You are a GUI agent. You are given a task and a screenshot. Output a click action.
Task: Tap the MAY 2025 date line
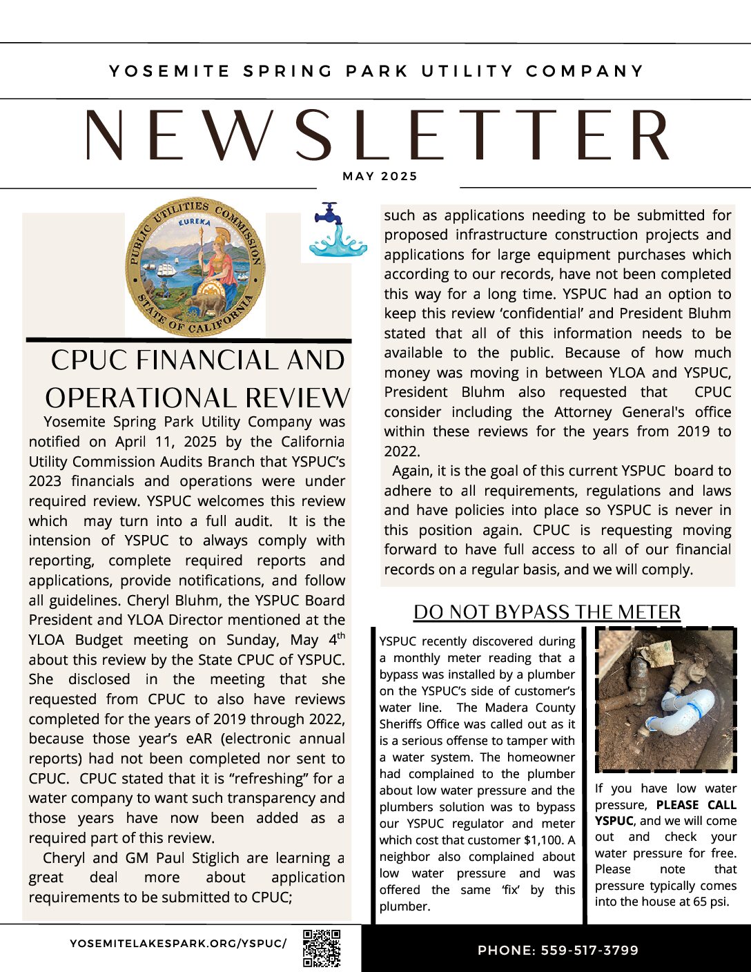[x=380, y=177]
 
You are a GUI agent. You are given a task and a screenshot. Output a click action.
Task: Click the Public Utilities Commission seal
[x=195, y=266]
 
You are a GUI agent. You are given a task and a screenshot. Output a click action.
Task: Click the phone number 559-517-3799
[x=589, y=951]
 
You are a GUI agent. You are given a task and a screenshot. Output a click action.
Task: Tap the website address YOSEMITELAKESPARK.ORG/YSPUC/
[x=178, y=943]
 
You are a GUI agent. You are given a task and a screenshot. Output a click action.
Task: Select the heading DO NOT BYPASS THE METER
[x=547, y=612]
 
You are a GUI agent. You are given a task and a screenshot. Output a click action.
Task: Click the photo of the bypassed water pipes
[x=665, y=699]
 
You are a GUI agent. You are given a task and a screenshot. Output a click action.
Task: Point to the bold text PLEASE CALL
[x=696, y=805]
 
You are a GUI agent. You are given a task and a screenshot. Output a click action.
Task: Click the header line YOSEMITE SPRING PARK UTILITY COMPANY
[x=376, y=71]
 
